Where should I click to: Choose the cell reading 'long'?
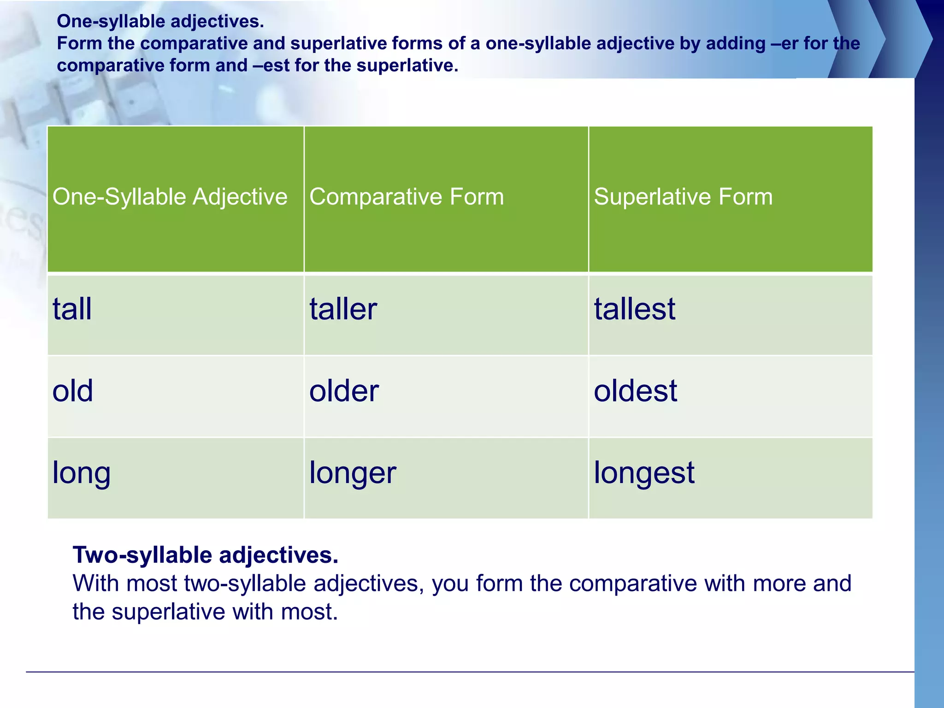click(x=81, y=473)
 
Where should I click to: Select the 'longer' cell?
click(x=353, y=473)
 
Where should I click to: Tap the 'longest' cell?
click(x=644, y=473)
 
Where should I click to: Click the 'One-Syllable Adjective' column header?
click(x=170, y=197)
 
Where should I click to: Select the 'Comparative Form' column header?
click(x=407, y=197)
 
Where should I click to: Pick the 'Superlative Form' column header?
click(x=683, y=197)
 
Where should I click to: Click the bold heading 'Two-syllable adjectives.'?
click(x=206, y=555)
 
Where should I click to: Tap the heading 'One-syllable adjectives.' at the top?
click(x=160, y=21)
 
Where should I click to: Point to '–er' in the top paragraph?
click(x=785, y=43)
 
